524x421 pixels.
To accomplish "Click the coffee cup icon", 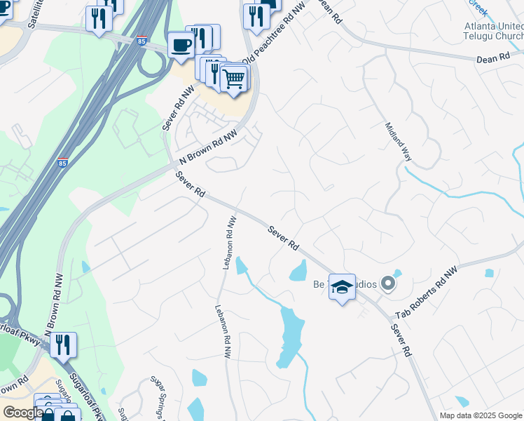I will [x=181, y=44].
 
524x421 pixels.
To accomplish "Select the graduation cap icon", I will [x=342, y=286].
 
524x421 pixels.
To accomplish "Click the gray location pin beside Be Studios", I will [x=389, y=284].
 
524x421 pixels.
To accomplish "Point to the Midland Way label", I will [x=397, y=142].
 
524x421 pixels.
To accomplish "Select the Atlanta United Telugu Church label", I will [x=494, y=32].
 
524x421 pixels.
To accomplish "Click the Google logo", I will [x=23, y=413].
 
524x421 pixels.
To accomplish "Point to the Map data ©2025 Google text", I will [x=480, y=415].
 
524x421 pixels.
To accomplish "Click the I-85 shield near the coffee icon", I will [x=142, y=40].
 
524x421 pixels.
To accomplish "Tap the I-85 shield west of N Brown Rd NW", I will [x=63, y=163].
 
